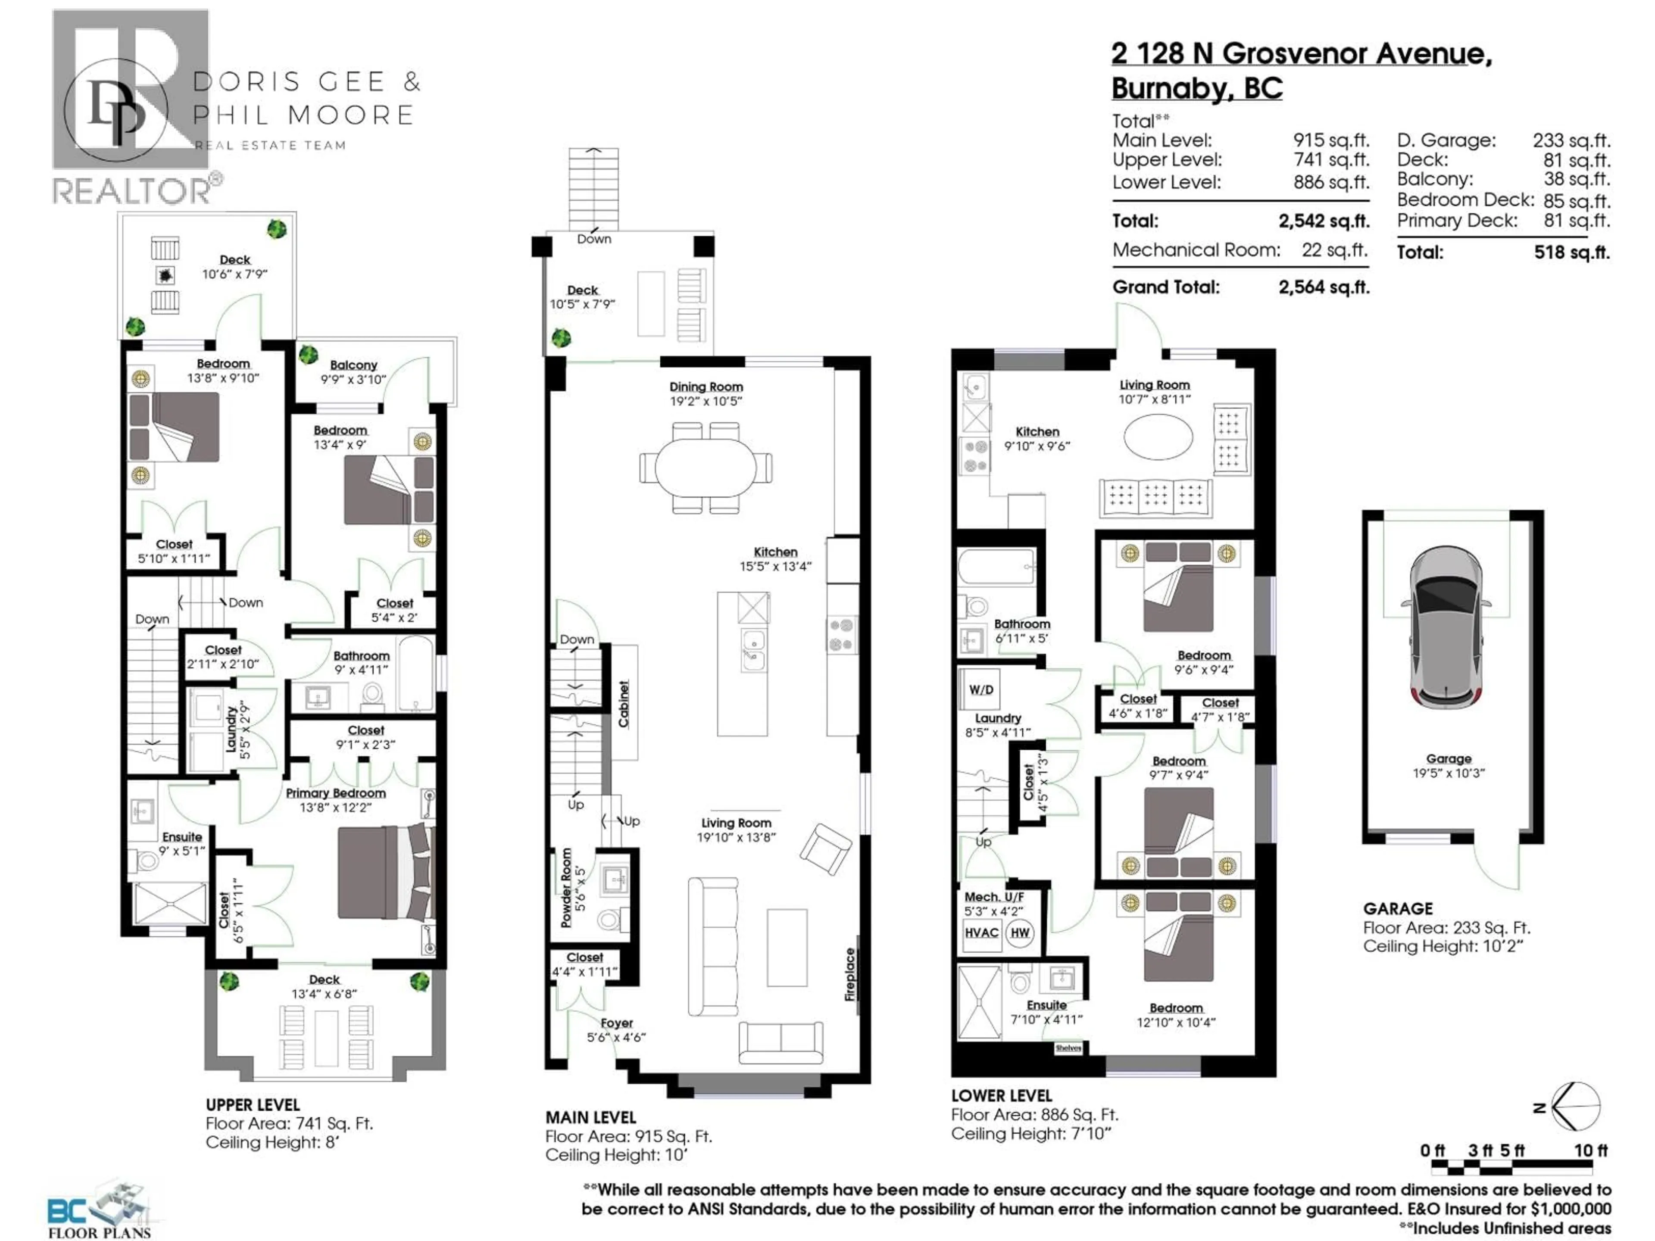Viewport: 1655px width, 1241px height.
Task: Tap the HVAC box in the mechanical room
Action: pos(981,933)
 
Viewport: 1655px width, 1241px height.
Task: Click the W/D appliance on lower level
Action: pos(981,689)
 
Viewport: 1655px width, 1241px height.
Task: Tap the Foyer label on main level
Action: pos(616,1023)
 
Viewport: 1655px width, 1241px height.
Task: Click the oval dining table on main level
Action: pos(706,468)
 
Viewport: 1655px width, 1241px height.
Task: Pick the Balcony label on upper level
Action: pos(353,365)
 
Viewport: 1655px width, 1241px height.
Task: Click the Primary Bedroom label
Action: pos(336,793)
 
